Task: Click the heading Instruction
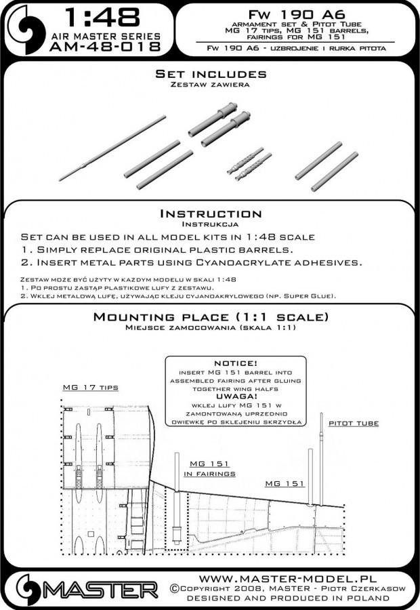(x=210, y=213)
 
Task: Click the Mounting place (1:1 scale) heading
(x=211, y=317)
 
